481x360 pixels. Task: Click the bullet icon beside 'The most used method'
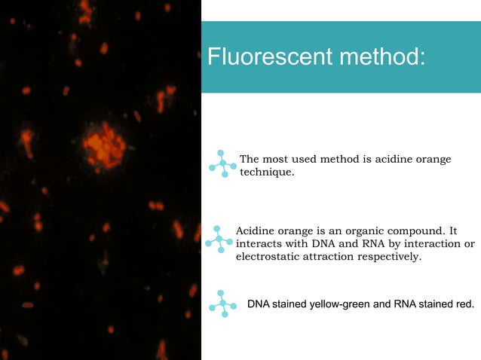click(222, 163)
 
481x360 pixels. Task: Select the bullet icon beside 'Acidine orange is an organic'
click(219, 238)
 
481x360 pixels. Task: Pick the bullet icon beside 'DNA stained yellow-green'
click(222, 303)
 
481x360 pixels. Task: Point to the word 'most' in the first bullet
click(277, 159)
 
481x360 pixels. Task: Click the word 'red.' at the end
click(464, 304)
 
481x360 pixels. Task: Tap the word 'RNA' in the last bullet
click(402, 304)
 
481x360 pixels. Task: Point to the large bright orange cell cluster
click(103, 145)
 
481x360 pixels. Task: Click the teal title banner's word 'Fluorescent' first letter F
click(212, 56)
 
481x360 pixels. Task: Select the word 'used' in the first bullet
click(306, 159)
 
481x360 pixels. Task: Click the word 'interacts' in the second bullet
click(260, 243)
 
